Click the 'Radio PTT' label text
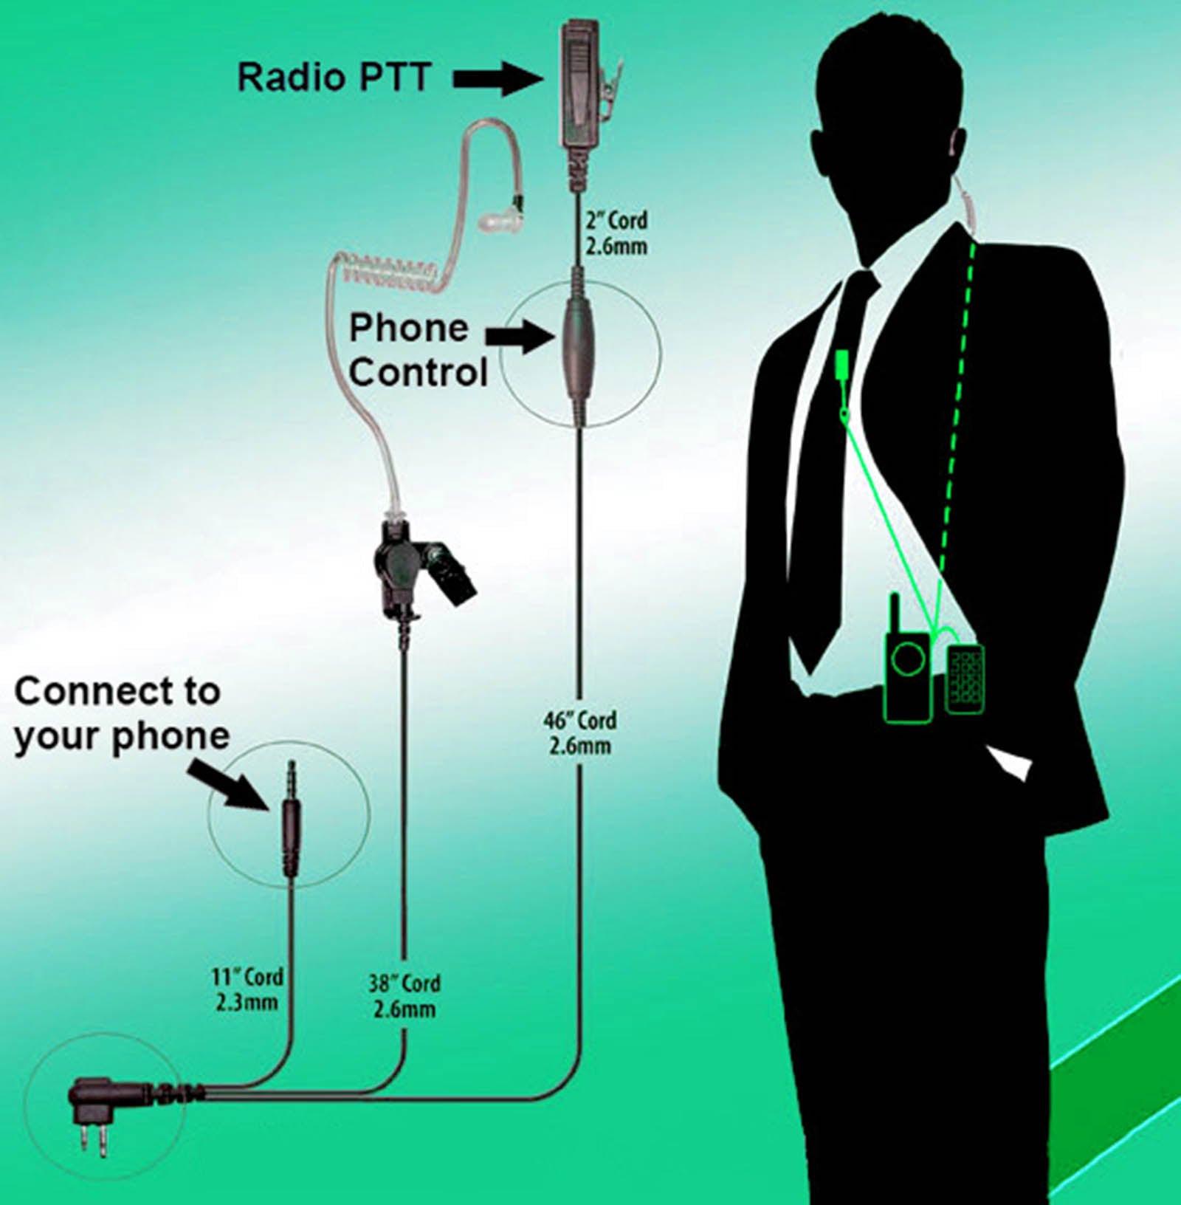pos(334,77)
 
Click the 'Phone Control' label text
pos(417,350)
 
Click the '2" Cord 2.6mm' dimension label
pos(616,233)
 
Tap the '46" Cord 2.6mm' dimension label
pos(580,732)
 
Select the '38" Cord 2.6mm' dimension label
pos(404,996)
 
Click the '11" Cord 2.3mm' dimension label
pos(247,989)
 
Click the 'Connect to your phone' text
pos(121,714)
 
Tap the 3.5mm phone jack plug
pos(292,820)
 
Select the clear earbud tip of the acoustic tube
pos(500,218)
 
